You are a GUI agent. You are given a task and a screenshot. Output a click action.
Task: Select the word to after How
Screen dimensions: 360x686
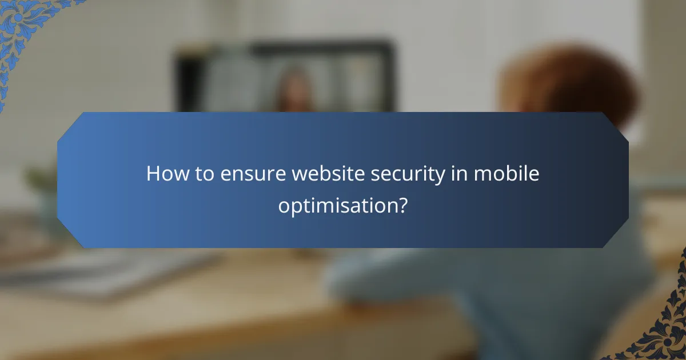201,174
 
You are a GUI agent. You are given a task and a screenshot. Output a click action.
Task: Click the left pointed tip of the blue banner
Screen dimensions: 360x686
58,180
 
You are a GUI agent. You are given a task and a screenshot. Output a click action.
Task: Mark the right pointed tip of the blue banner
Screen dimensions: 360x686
628,180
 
